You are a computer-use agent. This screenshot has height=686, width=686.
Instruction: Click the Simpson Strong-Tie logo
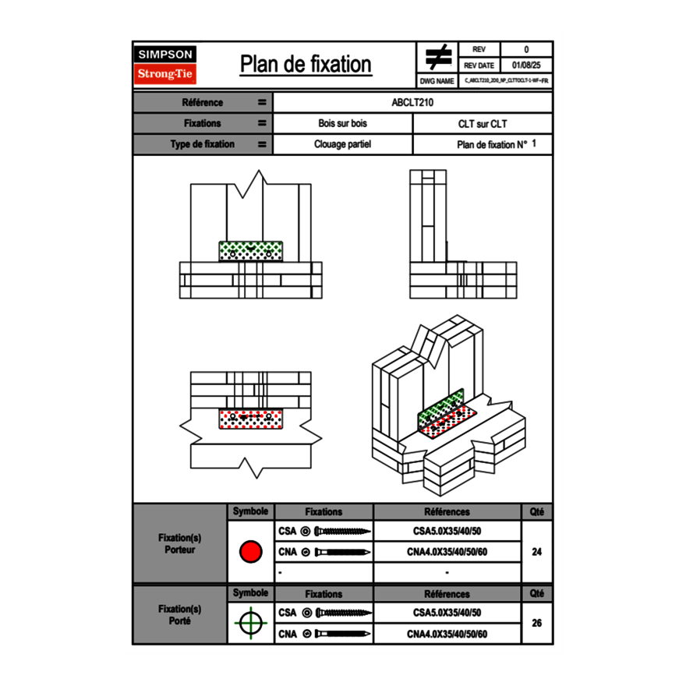tap(165, 65)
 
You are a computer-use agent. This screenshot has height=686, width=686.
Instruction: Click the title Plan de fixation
tap(306, 64)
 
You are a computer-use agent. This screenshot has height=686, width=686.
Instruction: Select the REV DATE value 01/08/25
tap(525, 65)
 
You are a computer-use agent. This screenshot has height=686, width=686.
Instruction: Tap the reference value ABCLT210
tap(412, 102)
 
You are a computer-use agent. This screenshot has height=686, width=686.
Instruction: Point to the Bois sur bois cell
tap(342, 123)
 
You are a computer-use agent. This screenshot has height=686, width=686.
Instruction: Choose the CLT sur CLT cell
tap(483, 123)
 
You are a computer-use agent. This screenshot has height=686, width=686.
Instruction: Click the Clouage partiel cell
tap(342, 144)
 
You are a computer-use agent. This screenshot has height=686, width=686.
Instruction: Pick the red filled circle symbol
tap(250, 552)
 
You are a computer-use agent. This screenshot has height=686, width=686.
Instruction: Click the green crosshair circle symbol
tap(250, 623)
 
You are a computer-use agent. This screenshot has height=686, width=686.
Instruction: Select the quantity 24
tap(536, 552)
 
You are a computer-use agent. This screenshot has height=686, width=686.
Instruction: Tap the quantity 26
tap(536, 623)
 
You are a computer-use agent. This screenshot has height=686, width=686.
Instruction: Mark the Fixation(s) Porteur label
tap(179, 543)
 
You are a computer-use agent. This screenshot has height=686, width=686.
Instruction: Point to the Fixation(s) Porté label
tap(179, 614)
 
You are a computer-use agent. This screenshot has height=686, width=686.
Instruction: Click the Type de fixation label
tap(202, 144)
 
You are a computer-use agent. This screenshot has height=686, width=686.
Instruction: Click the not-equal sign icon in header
tap(437, 57)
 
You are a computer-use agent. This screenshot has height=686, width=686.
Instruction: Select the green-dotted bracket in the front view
tap(250, 251)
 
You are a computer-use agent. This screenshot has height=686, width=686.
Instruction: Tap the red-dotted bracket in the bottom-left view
tap(250, 419)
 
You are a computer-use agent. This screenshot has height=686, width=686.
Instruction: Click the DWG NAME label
tap(437, 80)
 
